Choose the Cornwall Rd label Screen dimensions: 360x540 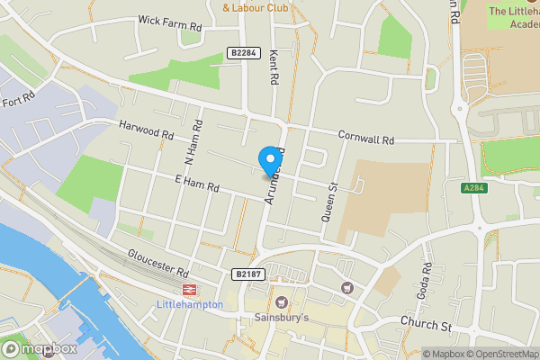[366, 139]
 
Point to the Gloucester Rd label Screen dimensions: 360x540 [157, 264]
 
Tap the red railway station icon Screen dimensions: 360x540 [189, 289]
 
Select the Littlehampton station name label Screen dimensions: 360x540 [190, 304]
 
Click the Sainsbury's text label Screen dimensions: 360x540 [280, 318]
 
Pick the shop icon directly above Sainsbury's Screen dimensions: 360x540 [282, 301]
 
